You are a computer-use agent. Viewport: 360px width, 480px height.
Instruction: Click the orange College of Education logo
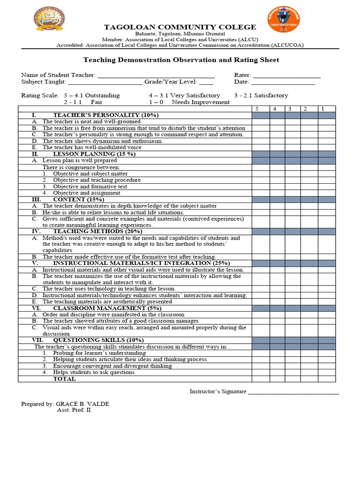[x=283, y=19]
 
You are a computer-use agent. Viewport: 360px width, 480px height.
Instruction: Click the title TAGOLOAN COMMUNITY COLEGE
[x=180, y=27]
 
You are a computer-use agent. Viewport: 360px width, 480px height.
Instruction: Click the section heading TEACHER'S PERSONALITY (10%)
[x=105, y=115]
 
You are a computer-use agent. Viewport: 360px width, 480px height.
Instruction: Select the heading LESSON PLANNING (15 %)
[x=94, y=154]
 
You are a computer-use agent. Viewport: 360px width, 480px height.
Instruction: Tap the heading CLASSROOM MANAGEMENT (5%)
[x=106, y=308]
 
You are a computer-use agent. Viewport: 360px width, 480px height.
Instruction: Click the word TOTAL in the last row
[x=64, y=379]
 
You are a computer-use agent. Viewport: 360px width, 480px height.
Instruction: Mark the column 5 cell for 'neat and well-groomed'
[x=260, y=122]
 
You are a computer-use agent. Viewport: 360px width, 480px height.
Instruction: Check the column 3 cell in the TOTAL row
[x=292, y=379]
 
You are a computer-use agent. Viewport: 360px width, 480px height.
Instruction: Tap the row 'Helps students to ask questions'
[x=94, y=372]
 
